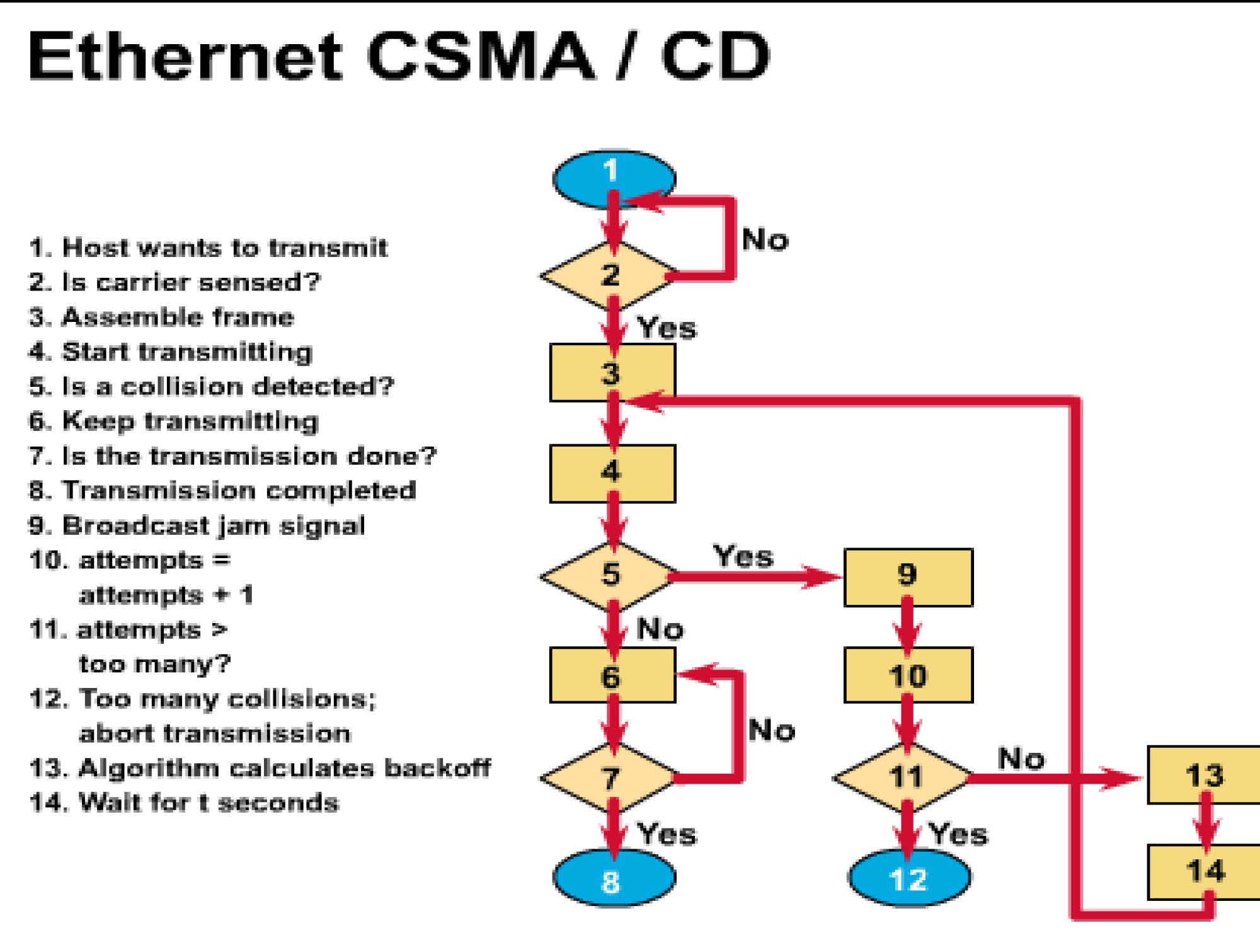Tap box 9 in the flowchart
click(x=908, y=577)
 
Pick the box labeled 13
click(x=1203, y=775)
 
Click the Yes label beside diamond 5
click(x=743, y=556)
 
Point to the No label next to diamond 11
click(x=1021, y=759)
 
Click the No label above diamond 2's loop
click(x=765, y=240)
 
